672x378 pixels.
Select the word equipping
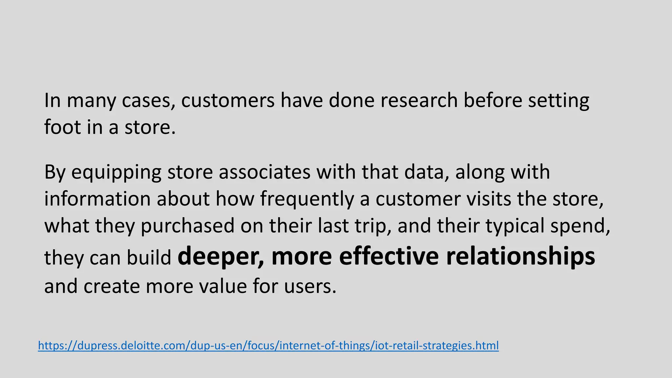116,173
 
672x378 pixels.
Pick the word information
97,199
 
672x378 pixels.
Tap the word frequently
307,199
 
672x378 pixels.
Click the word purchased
188,226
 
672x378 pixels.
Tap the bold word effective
389,256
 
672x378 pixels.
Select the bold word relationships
520,257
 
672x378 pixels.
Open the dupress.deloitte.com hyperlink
268,346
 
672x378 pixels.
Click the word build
149,258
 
